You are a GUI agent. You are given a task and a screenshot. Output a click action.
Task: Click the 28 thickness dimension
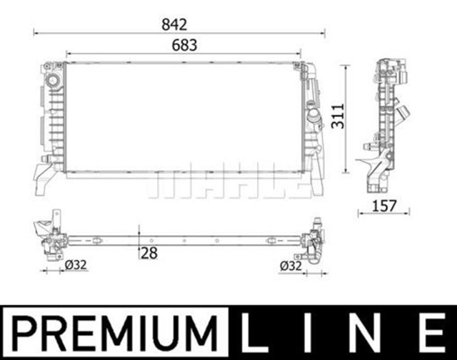tap(149, 252)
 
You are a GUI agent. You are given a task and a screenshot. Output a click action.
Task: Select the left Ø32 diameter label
tap(75, 266)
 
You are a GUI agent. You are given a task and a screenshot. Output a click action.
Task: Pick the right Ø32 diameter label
tap(291, 266)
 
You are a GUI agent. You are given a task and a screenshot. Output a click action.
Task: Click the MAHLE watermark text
tap(228, 184)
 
